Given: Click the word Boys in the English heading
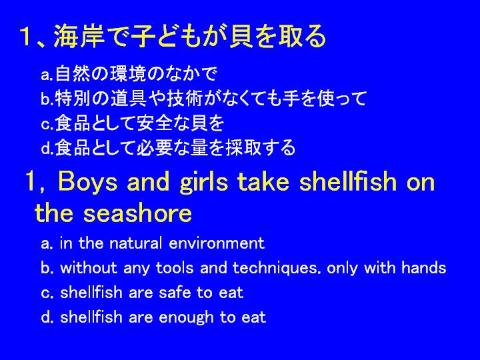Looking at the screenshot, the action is (87, 181).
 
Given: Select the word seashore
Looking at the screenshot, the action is (137, 213).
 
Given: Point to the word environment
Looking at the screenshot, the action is (217, 243).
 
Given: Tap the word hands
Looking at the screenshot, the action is (424, 267).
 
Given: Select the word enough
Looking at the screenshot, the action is (186, 317).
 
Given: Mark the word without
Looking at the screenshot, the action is (89, 268).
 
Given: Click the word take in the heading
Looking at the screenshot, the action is (263, 181).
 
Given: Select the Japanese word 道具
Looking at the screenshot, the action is (128, 98).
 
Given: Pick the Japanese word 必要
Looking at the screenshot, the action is (154, 147).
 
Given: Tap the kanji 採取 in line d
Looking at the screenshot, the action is (244, 147).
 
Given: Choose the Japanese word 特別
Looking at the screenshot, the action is (73, 98).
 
